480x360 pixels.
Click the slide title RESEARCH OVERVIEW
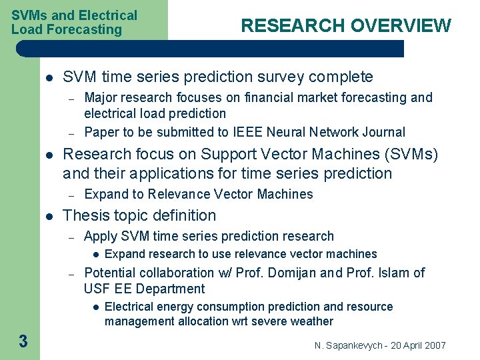point(345,26)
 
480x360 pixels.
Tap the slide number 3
point(23,342)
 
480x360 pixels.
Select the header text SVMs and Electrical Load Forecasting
point(74,22)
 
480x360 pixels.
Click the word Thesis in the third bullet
point(84,215)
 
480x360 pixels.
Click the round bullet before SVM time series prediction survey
point(49,77)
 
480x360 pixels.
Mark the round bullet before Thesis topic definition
point(49,216)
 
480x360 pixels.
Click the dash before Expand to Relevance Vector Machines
point(70,195)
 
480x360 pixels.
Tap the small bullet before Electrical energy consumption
point(95,307)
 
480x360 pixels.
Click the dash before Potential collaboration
point(70,273)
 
